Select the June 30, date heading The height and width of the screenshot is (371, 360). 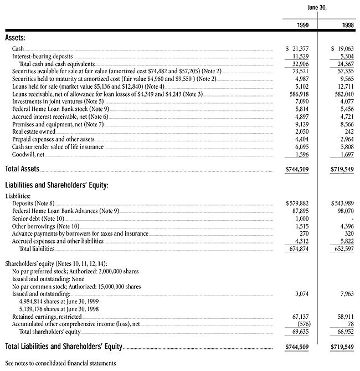(x=317, y=7)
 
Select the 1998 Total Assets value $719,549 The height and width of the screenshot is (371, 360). (x=343, y=168)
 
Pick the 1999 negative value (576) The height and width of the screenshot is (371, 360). (x=300, y=324)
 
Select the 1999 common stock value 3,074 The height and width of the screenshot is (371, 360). (x=300, y=293)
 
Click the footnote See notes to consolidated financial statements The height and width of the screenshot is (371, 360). (x=60, y=363)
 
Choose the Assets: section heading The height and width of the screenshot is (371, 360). (x=16, y=38)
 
